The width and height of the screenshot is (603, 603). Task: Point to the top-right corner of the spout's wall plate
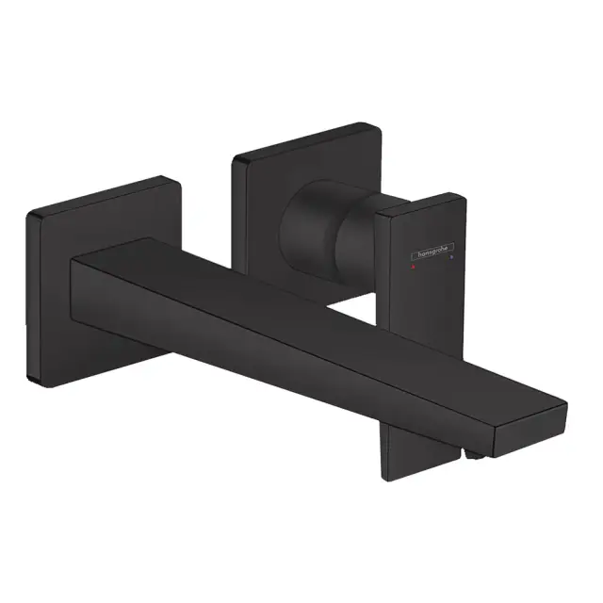click(x=177, y=177)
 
